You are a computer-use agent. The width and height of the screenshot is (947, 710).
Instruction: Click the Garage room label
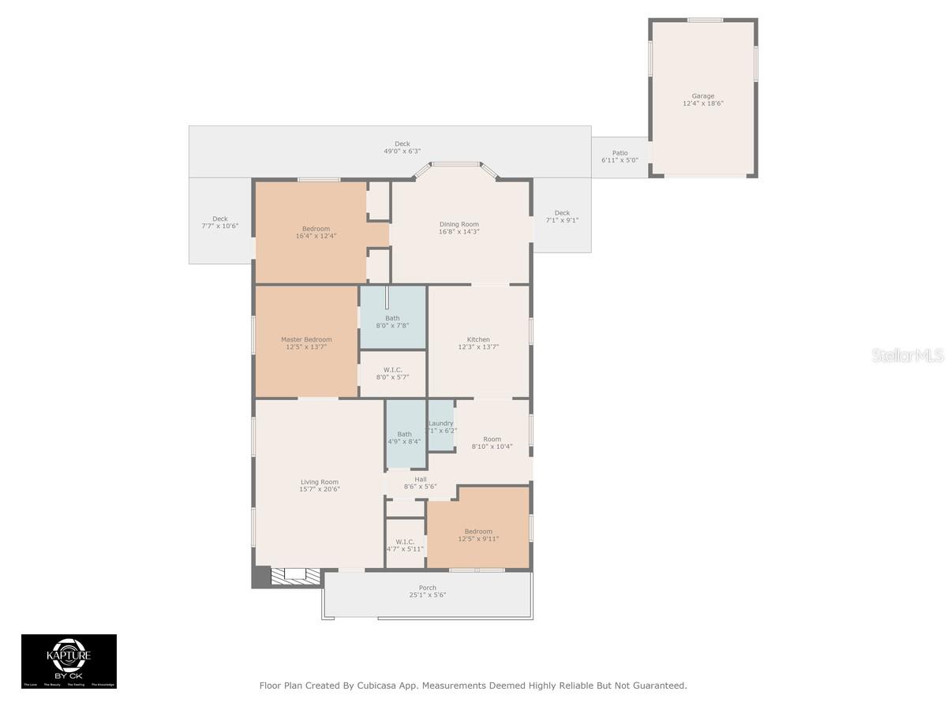703,96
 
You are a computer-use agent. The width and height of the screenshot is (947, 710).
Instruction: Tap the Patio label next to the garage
620,153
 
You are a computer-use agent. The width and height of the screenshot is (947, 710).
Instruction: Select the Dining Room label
459,224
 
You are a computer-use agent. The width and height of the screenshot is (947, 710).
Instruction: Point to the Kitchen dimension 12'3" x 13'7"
478,347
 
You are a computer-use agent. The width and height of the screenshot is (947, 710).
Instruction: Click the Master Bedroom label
306,339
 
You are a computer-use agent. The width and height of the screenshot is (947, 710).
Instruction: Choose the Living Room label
319,482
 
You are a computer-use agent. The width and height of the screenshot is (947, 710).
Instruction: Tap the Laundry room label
441,424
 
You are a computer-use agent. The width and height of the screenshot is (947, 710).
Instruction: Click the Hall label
420,478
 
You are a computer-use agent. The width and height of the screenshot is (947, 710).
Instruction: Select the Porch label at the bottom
427,588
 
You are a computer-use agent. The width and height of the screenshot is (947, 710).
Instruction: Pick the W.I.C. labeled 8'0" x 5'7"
393,373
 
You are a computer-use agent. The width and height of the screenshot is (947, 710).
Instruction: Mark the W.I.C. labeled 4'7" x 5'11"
405,544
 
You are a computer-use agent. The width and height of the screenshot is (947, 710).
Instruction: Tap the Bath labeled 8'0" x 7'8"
392,321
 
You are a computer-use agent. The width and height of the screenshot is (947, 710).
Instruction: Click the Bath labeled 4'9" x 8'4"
404,437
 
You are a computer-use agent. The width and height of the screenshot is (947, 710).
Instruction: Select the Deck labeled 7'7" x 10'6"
219,222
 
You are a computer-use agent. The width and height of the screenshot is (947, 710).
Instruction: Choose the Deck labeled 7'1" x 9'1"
562,216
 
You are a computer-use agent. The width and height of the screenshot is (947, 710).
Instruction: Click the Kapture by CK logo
69,661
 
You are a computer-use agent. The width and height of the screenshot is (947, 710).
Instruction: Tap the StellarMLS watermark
908,356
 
